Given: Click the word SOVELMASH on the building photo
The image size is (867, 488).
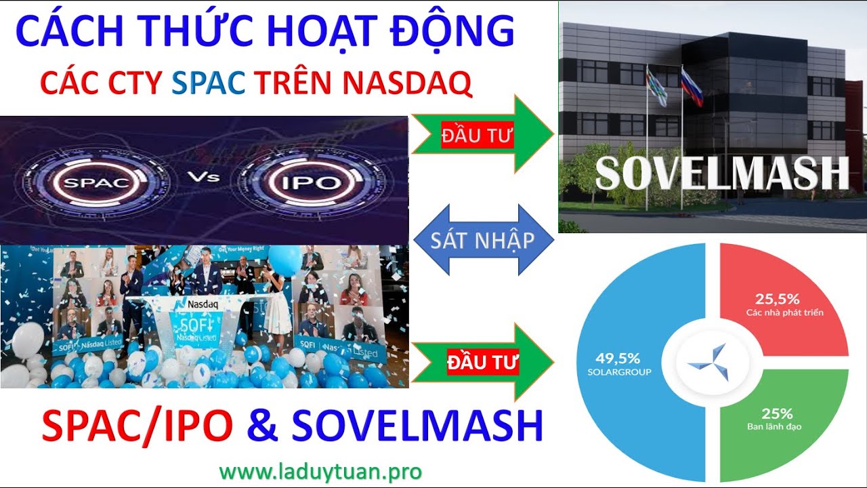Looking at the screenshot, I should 721,173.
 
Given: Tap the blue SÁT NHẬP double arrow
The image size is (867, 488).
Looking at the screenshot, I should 482,240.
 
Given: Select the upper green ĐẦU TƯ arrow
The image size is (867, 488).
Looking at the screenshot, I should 482,134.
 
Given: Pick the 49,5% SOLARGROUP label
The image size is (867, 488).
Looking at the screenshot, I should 618,364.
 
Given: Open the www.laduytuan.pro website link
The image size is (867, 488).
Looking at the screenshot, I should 320,471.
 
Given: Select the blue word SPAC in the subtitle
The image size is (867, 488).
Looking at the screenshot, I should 208,83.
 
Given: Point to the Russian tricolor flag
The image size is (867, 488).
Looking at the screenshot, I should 692,87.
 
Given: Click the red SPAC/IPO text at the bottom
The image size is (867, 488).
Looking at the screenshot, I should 138,426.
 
